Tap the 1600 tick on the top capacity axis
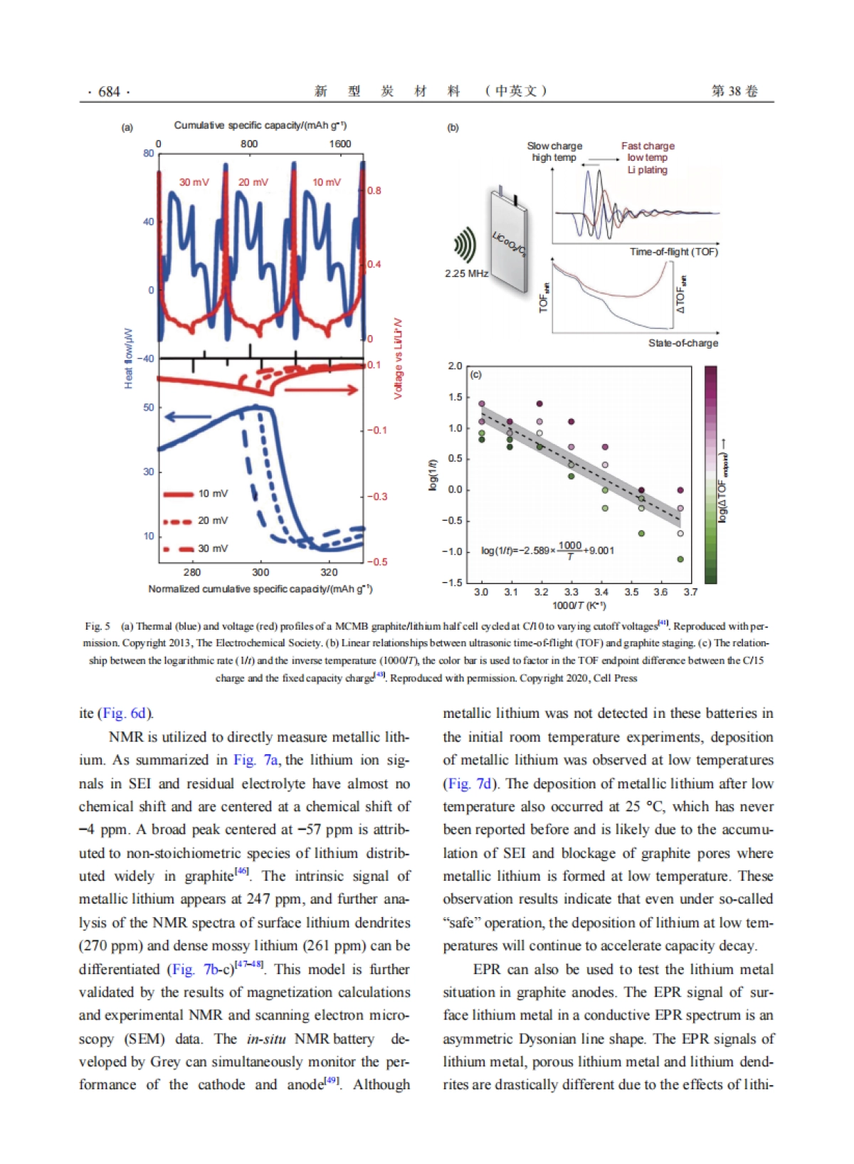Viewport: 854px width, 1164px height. [x=339, y=144]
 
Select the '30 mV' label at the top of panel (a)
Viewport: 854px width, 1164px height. [x=194, y=182]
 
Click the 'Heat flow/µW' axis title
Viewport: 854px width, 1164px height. [x=129, y=359]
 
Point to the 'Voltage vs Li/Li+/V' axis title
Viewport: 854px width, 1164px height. [x=398, y=358]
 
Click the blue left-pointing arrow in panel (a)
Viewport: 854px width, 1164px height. [x=187, y=417]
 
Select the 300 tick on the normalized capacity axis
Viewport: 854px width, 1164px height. [x=260, y=572]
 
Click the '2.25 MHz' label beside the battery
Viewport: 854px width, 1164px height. [x=466, y=273]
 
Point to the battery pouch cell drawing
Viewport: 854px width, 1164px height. [x=508, y=235]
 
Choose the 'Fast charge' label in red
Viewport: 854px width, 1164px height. [x=648, y=146]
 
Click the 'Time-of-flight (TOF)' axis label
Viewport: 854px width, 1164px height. [x=673, y=252]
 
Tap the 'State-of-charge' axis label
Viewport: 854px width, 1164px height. [x=682, y=343]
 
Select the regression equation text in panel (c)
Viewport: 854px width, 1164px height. [x=547, y=550]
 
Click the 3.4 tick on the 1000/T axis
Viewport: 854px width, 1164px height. [x=601, y=592]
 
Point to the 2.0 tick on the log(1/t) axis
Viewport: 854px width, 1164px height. [x=455, y=366]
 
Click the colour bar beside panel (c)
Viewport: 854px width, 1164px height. [x=710, y=475]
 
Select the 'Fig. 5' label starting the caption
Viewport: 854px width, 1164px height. [x=97, y=626]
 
